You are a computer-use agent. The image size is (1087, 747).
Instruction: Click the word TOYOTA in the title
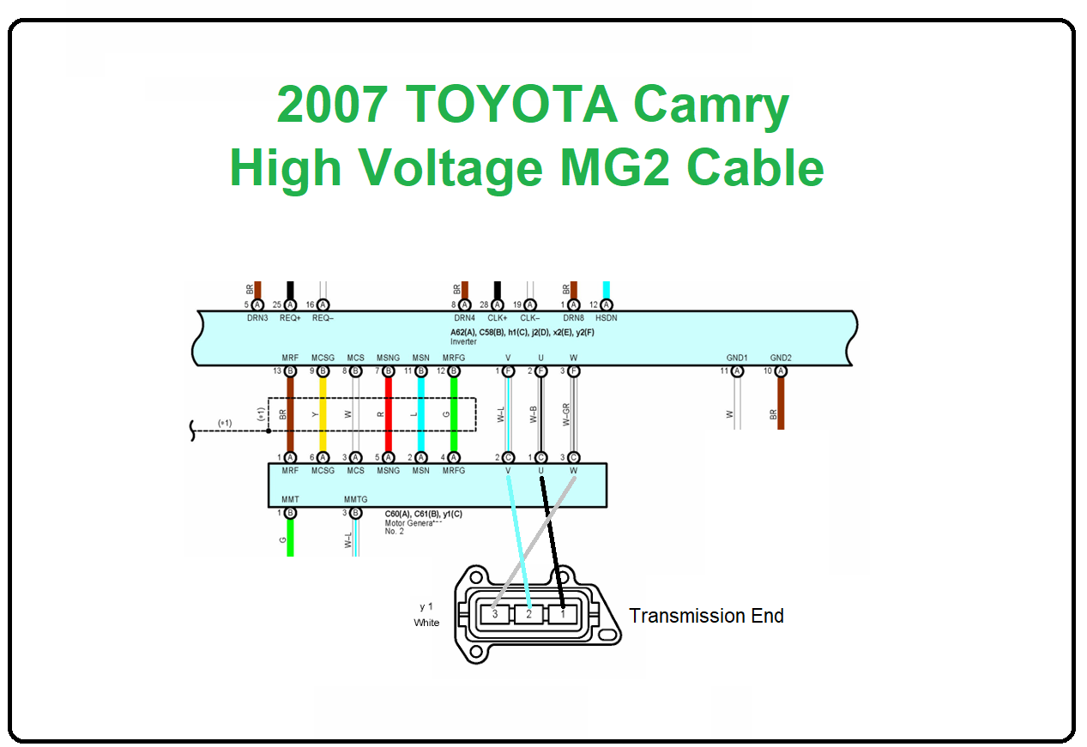pos(512,105)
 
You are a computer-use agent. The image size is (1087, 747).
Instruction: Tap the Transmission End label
pos(706,616)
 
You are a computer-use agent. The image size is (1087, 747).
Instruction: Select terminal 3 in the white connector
pos(494,614)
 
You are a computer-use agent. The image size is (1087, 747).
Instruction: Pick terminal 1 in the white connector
pos(562,614)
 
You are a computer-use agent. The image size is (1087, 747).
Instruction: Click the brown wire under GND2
pos(781,403)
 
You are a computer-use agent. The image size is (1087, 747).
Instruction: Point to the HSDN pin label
pos(606,318)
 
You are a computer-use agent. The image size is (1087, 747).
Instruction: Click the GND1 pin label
pos(736,358)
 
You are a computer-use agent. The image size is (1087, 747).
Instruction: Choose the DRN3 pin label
pos(257,318)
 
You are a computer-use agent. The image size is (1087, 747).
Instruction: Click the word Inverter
pos(463,341)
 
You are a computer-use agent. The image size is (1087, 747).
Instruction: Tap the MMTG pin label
pos(355,499)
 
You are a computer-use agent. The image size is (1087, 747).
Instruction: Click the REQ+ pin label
pos(290,318)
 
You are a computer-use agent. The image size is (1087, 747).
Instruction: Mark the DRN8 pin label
pos(573,318)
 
